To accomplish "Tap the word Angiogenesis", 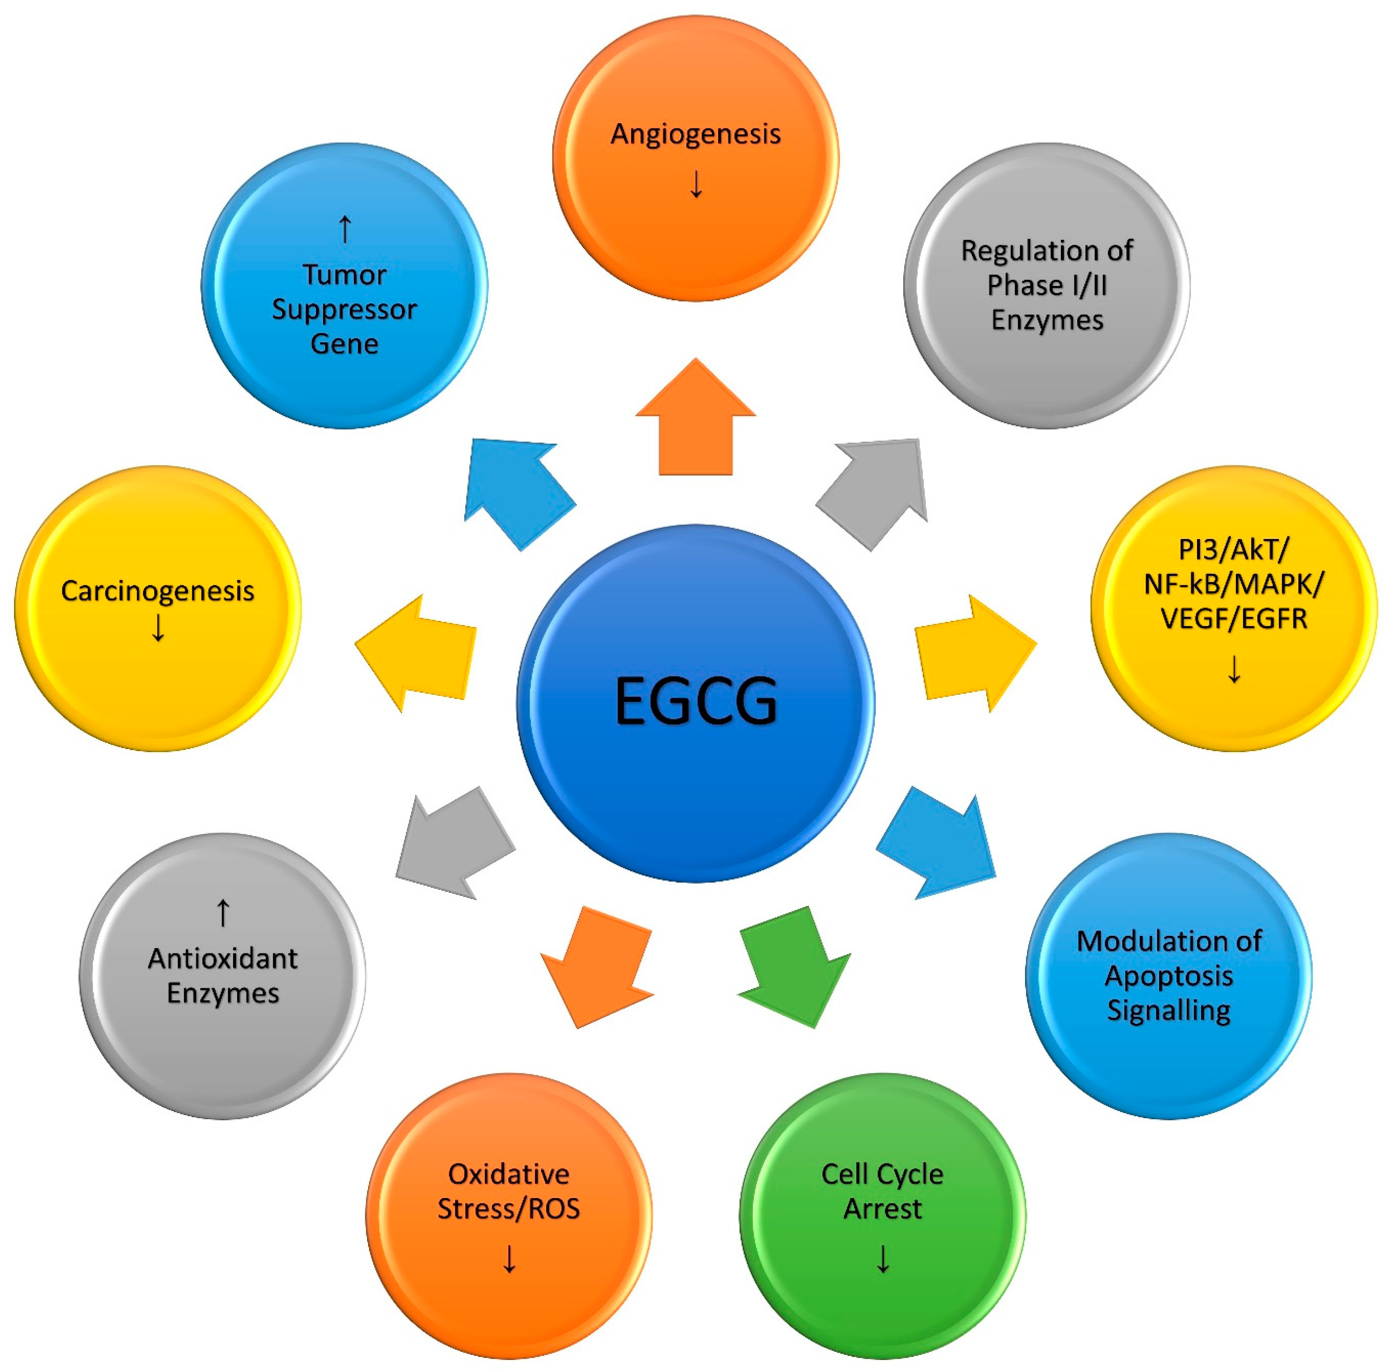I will pos(696,134).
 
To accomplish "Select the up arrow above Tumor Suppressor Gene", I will pos(344,229).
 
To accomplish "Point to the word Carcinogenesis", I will pos(158,591).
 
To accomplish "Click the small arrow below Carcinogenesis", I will pos(158,628).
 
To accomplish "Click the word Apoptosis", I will pos(1169,976).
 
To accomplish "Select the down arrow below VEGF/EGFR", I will pos(1234,669).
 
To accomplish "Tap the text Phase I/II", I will pos(1047,286).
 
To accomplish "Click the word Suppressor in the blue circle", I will pos(344,309).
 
